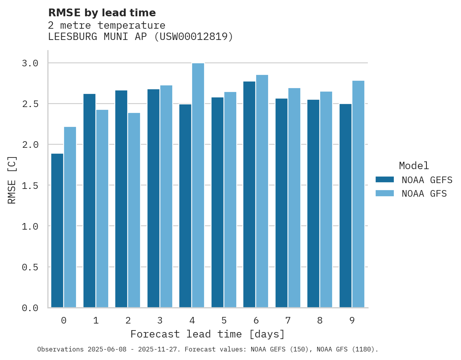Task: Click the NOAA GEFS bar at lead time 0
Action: coord(57,230)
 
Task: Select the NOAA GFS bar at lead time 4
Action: coord(198,185)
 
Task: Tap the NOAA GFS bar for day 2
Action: coord(134,210)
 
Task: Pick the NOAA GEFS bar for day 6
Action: coord(249,194)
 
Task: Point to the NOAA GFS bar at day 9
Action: coord(358,194)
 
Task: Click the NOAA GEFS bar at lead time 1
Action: coord(89,201)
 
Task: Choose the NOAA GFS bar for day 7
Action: coord(294,198)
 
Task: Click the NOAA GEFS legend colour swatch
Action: coord(385,180)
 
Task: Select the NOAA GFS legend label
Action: coord(424,194)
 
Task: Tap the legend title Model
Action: coord(414,166)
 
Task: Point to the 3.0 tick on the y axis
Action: coord(30,63)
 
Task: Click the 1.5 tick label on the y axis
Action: coord(30,185)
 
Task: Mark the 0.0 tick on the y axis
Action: coord(30,308)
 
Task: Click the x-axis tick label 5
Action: coord(224,320)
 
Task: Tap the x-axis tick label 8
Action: coord(320,320)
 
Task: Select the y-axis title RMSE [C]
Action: coord(12,180)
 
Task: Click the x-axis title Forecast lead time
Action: coord(208,334)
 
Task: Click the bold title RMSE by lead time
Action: coord(102,13)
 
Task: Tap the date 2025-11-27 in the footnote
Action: coord(162,350)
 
